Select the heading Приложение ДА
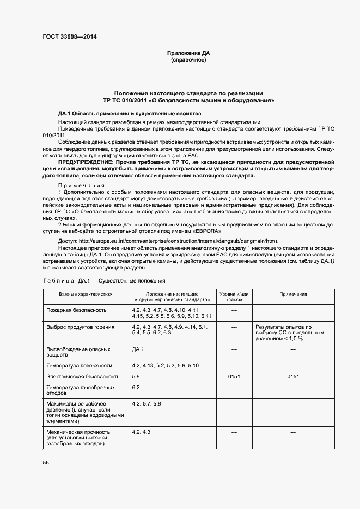click(188, 53)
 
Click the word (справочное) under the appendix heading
click(188, 60)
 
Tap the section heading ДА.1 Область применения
click(114, 113)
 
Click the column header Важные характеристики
click(86, 294)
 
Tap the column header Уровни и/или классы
click(234, 297)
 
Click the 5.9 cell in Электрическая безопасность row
click(136, 376)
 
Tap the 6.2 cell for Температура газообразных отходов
click(136, 387)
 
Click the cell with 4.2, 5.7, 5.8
click(147, 404)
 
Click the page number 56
click(46, 462)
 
